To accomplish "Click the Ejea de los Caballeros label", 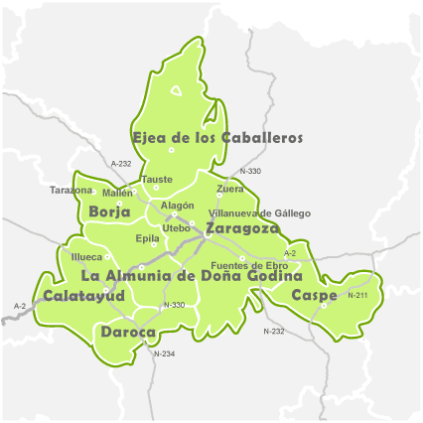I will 216,138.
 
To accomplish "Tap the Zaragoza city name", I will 242,228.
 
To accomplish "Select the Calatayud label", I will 84,296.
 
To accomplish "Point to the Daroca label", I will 128,333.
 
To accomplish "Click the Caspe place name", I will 314,296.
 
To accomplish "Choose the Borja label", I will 109,211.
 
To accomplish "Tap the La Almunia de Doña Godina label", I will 191,275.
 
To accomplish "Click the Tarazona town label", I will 71,190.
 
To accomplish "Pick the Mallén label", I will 117,193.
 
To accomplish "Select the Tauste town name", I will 158,180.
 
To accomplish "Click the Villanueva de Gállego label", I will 259,213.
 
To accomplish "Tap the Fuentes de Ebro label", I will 250,266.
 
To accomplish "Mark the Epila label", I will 147,238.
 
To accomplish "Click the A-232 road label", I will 121,163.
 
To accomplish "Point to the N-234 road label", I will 164,352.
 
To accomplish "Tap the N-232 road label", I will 274,330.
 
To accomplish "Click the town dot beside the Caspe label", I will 324,306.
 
